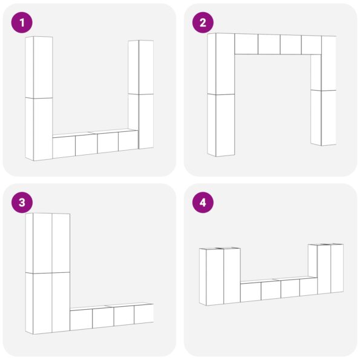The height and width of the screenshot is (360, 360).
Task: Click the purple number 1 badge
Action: coord(22,22)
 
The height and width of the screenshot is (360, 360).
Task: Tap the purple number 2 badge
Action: coord(203,22)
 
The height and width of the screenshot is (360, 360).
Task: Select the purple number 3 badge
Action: coord(22,203)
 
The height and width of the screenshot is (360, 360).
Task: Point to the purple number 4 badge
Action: coord(203,203)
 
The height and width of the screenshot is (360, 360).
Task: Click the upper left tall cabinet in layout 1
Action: coord(39,67)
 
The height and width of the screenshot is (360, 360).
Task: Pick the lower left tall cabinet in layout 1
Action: coord(39,129)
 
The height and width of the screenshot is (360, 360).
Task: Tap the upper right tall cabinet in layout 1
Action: coord(141,67)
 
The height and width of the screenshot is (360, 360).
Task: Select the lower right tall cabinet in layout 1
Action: coord(141,121)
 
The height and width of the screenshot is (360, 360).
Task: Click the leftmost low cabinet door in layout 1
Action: coord(64,147)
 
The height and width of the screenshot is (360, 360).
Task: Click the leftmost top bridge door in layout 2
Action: coord(246,44)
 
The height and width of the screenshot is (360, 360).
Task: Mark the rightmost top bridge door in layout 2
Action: coord(312,45)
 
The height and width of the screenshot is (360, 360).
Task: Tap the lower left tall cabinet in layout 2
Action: coord(221,125)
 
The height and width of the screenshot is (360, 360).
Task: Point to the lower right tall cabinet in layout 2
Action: coord(324,118)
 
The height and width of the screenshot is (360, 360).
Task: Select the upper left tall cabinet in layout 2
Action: coord(221,64)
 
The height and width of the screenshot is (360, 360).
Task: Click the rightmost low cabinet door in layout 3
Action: coord(144,314)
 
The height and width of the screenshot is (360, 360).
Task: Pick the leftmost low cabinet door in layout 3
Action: coord(81,320)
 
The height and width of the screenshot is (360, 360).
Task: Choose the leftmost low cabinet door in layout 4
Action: coord(250,292)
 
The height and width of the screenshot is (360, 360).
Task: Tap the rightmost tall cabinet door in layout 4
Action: coord(337,269)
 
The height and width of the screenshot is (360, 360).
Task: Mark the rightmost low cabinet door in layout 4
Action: coord(309,287)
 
